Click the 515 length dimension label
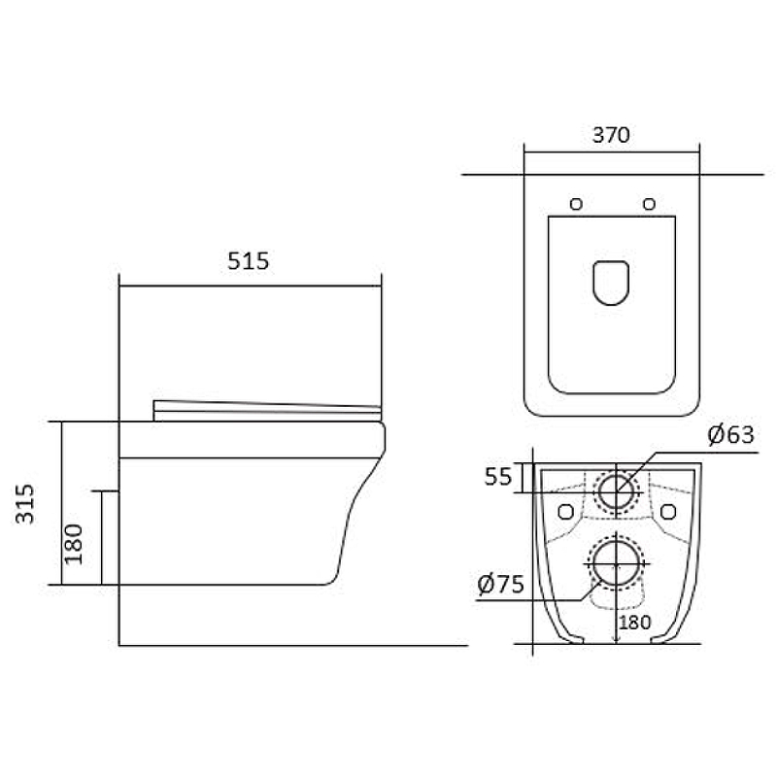[248, 261]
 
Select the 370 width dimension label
[611, 135]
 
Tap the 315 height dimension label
[25, 503]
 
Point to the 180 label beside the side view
[74, 544]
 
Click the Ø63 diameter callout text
[731, 434]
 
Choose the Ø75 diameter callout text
[500, 585]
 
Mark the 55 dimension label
[498, 477]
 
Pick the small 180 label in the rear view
[635, 623]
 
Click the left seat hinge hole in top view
[576, 204]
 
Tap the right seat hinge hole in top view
[649, 204]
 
